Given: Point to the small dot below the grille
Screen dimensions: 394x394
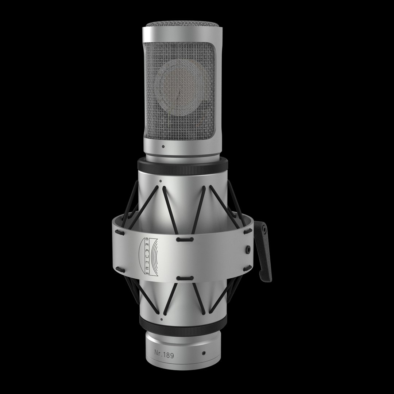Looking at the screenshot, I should point(163,147).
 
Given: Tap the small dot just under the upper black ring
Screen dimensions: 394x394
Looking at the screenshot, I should point(160,180).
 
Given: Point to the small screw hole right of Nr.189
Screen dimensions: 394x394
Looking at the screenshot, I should point(204,353).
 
